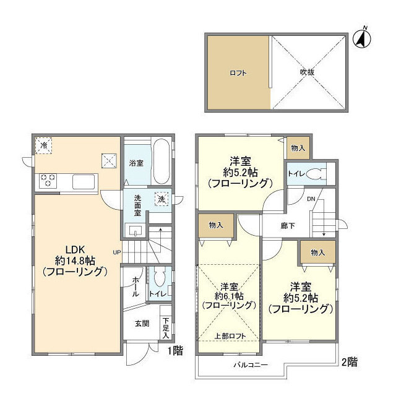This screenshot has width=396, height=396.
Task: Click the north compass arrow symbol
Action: coord(361,38)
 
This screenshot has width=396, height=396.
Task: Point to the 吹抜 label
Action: coord(308,72)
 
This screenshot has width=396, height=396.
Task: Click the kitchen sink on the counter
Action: coord(84,182)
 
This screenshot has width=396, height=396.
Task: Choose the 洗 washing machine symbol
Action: coord(161,200)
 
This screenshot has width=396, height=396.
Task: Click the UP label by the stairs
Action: coord(116,252)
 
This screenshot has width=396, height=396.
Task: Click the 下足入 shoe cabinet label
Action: coord(165,327)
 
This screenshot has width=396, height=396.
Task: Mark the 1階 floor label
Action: coord(174,350)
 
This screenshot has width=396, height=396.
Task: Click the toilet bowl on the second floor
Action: coord(318,174)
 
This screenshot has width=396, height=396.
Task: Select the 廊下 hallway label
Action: coord(286,226)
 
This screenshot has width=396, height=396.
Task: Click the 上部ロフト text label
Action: coord(228,336)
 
